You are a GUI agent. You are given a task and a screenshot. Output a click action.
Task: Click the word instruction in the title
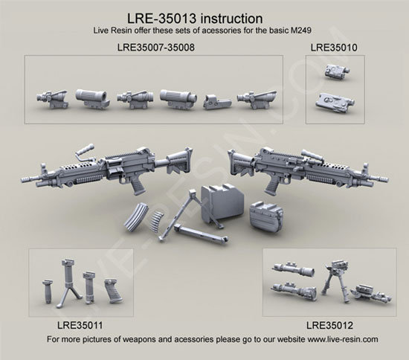232,19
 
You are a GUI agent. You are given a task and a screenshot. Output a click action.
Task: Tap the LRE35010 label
334,48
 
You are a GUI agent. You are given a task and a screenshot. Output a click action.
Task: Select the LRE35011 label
80,325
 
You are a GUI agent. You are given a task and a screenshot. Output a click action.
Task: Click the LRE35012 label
329,325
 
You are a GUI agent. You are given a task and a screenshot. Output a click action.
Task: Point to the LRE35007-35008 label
155,47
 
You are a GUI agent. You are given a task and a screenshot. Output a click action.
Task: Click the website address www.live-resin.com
343,339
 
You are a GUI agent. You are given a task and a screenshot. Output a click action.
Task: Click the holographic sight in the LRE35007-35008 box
217,102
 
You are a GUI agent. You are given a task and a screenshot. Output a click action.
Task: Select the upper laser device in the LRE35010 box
337,71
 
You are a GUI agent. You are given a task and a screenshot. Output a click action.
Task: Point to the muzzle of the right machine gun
382,179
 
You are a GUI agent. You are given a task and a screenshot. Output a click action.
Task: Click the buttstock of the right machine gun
239,164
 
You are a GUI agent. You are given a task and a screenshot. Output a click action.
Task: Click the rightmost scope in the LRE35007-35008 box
257,100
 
